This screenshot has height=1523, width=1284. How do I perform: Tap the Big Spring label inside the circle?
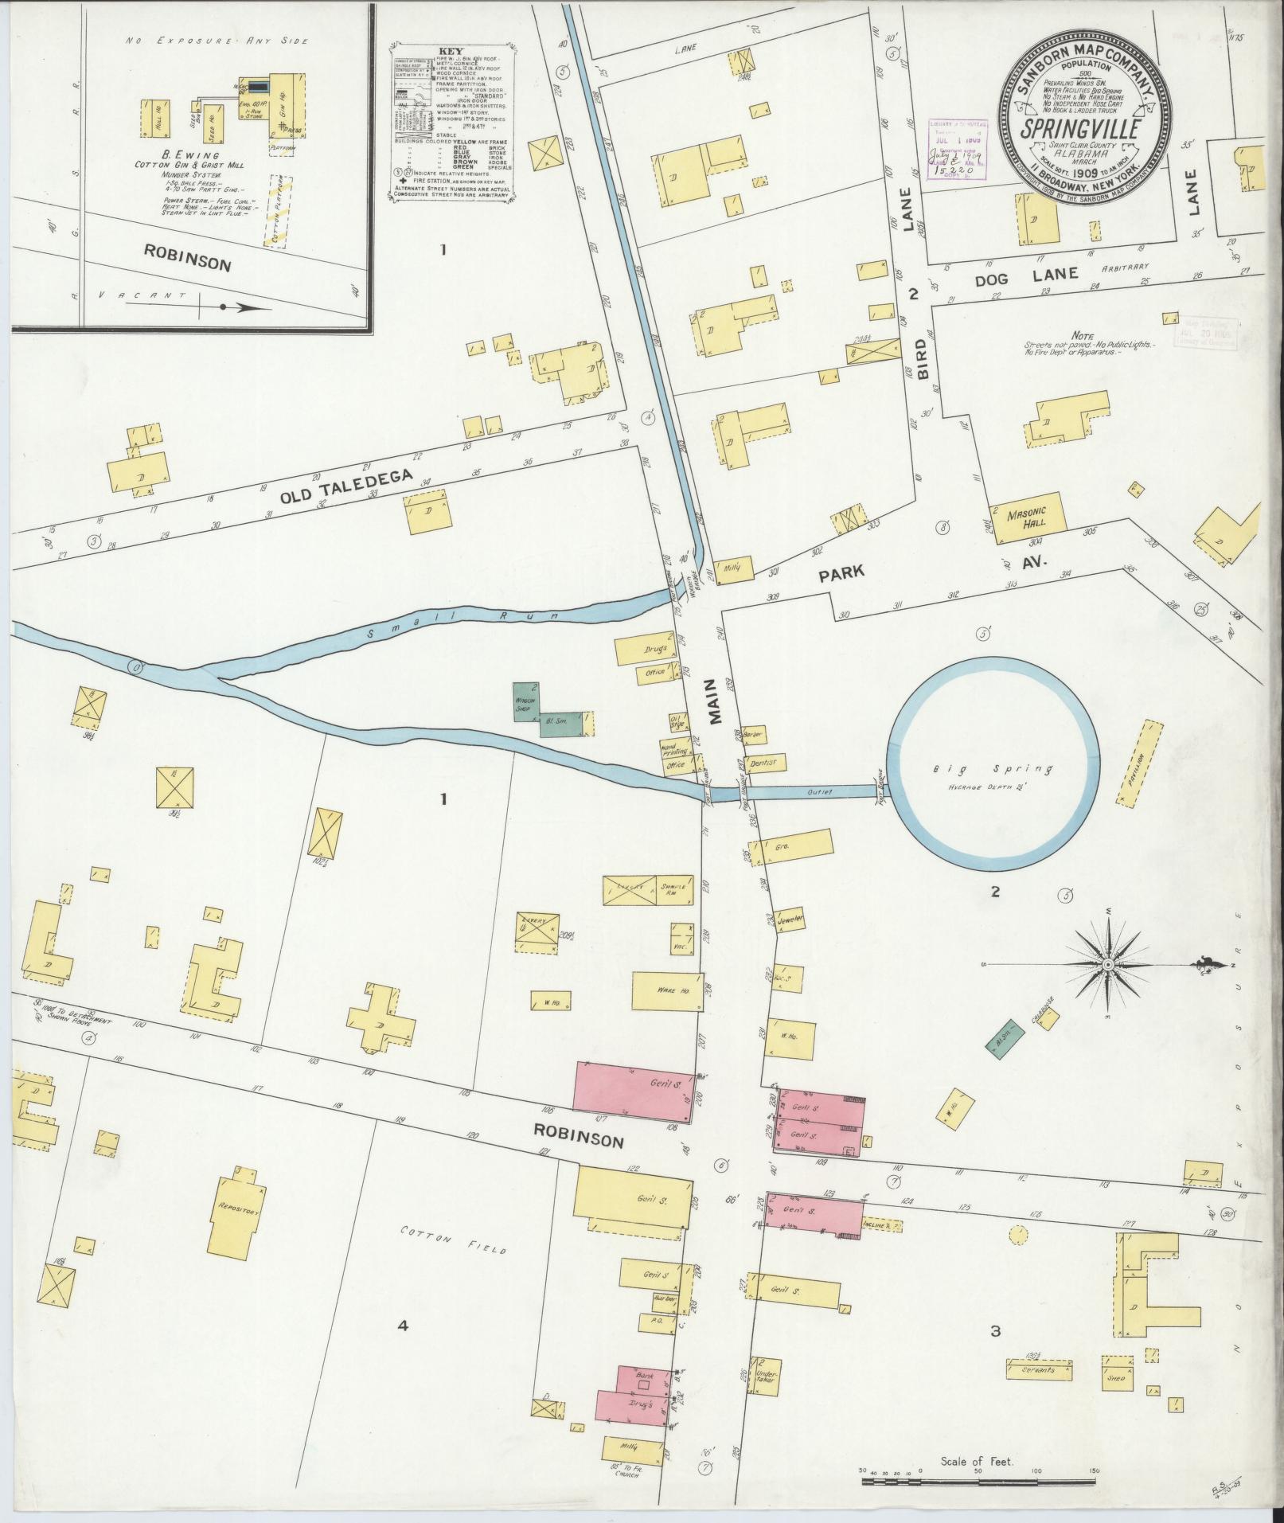[993, 769]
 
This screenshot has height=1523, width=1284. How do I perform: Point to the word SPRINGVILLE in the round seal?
[1078, 127]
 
